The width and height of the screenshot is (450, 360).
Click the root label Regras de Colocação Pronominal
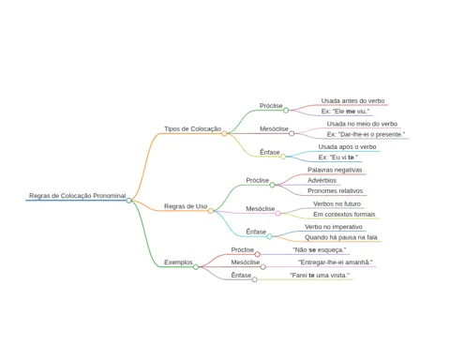pyautogui.click(x=78, y=196)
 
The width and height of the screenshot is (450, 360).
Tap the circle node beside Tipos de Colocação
pyautogui.click(x=224, y=134)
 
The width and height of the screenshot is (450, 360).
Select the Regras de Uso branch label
pyautogui.click(x=186, y=206)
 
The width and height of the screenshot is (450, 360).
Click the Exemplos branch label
pyautogui.click(x=178, y=262)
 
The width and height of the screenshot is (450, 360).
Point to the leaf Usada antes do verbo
pyautogui.click(x=352, y=101)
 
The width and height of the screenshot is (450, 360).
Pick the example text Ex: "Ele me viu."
pyautogui.click(x=345, y=112)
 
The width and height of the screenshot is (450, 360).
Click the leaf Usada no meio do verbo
pyautogui.click(x=362, y=124)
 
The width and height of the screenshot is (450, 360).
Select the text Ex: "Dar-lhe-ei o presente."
pyautogui.click(x=366, y=134)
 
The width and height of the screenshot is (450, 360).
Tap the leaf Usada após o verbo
pyautogui.click(x=347, y=147)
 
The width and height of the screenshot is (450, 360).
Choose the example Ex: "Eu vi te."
pyautogui.click(x=338, y=157)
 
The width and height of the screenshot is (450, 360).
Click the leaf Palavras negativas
pyautogui.click(x=335, y=170)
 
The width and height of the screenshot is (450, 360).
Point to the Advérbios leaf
pyautogui.click(x=322, y=180)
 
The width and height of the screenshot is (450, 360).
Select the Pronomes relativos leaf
pyautogui.click(x=335, y=190)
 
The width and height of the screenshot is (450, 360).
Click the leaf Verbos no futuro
pyautogui.click(x=337, y=203)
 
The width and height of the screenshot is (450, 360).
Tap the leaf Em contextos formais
pyautogui.click(x=344, y=215)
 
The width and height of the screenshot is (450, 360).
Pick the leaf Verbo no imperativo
pyautogui.click(x=334, y=227)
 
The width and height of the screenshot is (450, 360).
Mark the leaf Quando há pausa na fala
pyautogui.click(x=341, y=237)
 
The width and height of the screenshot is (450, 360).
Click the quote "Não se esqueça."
pyautogui.click(x=319, y=250)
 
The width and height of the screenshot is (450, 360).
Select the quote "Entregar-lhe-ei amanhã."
pyautogui.click(x=336, y=262)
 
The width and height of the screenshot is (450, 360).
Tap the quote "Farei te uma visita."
pyautogui.click(x=320, y=276)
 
